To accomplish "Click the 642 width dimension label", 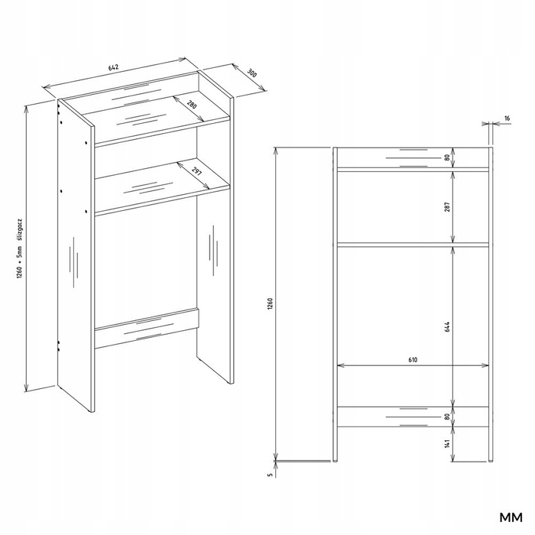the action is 113,67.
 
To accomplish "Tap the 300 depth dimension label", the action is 251,73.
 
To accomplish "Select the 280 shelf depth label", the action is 192,105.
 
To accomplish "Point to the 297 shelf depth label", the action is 197,171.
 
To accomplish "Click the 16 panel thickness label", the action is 507,118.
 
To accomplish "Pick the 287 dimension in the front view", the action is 448,207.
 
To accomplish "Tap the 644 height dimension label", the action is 448,326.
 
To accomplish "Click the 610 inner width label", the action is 413,360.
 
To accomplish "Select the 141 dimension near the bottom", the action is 448,443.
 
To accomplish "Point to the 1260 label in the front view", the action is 271,304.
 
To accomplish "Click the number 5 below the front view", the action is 271,475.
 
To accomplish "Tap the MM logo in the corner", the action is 511,517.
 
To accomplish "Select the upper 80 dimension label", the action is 448,157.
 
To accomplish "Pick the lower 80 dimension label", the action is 448,417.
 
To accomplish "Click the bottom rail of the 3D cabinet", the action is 147,329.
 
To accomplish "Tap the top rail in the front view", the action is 413,157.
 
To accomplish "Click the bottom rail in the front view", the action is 413,417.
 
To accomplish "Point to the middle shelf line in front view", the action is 413,245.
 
